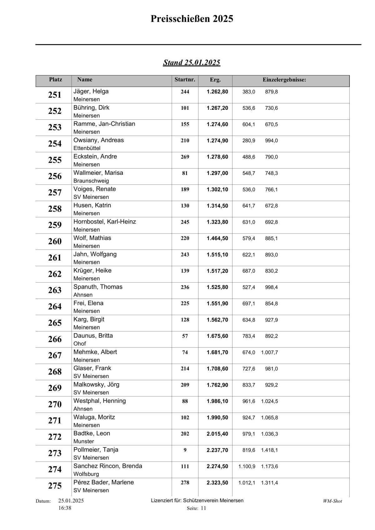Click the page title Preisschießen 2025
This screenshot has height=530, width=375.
pos(192,19)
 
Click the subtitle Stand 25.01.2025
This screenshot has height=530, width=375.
pos(192,63)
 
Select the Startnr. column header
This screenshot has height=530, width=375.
pos(185,80)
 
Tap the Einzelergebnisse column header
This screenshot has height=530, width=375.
pos(284,80)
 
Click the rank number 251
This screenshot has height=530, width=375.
pos(55,95)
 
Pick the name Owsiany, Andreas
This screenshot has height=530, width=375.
pos(98,140)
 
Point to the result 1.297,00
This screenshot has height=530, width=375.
pos(217,173)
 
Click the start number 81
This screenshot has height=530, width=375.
pos(185,173)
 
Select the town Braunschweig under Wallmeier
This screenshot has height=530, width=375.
pos(91,181)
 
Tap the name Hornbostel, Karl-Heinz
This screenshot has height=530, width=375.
pos(105,222)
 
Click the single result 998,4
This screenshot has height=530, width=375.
pos(271,287)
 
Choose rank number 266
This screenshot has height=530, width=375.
pos(55,339)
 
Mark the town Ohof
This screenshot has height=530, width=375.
pos(80,344)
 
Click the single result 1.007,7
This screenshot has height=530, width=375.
pos(269,352)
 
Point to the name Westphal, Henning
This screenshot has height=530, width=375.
pos(99,401)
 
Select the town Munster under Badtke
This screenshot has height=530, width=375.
pos(83,442)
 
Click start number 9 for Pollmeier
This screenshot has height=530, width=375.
pos(185,450)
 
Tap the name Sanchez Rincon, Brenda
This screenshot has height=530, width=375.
pos(107,466)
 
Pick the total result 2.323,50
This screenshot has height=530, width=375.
pos(217,483)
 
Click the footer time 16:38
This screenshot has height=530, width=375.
pos(65,508)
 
